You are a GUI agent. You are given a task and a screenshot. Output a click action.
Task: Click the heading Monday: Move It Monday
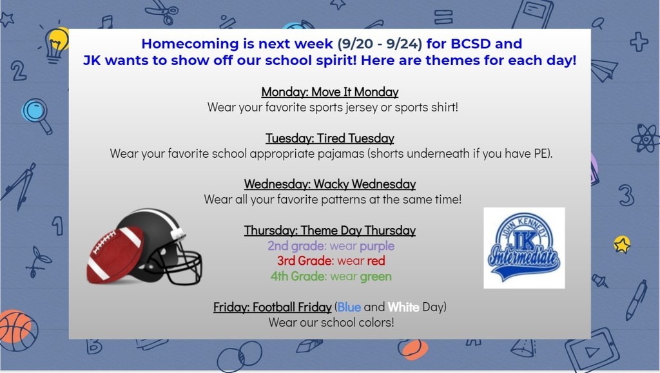point(329,91)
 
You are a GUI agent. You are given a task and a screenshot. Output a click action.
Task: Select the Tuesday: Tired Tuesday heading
point(329,138)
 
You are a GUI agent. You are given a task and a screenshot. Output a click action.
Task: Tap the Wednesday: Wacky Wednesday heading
point(329,184)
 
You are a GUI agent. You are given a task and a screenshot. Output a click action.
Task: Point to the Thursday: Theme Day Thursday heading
point(329,230)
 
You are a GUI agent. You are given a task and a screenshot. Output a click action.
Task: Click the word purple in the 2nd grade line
point(376,246)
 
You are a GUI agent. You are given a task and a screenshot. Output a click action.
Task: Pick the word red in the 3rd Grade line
point(376,261)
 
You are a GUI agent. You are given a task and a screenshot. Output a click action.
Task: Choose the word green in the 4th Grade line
point(376,277)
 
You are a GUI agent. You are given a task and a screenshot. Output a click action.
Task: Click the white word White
point(403,307)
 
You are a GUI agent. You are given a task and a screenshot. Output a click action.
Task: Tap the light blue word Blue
point(349,307)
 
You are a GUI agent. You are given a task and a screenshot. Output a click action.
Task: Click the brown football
point(115,255)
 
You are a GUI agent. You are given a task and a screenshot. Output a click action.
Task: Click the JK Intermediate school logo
point(524,247)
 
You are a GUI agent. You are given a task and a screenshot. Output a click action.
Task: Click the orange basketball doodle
point(17,330)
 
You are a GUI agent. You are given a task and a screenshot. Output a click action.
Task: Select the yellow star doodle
point(622,244)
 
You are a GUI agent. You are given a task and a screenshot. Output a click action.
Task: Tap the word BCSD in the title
point(471,44)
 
